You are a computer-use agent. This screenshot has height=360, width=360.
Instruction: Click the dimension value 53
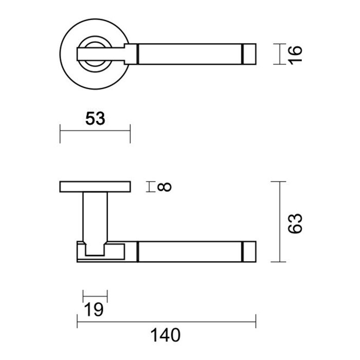point(95,119)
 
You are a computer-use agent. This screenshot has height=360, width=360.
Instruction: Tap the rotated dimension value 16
point(295,54)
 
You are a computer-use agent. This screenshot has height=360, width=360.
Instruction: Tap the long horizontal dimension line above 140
point(166,322)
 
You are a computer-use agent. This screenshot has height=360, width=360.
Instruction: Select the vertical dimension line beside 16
point(278,54)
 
